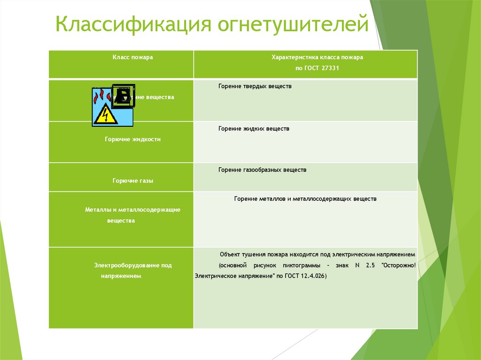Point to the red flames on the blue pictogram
99,97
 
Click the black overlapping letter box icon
124,96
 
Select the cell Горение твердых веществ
255,86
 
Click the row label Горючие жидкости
132,139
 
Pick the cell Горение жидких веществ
254,128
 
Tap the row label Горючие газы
132,180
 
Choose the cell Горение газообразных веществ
262,169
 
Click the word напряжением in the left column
121,276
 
